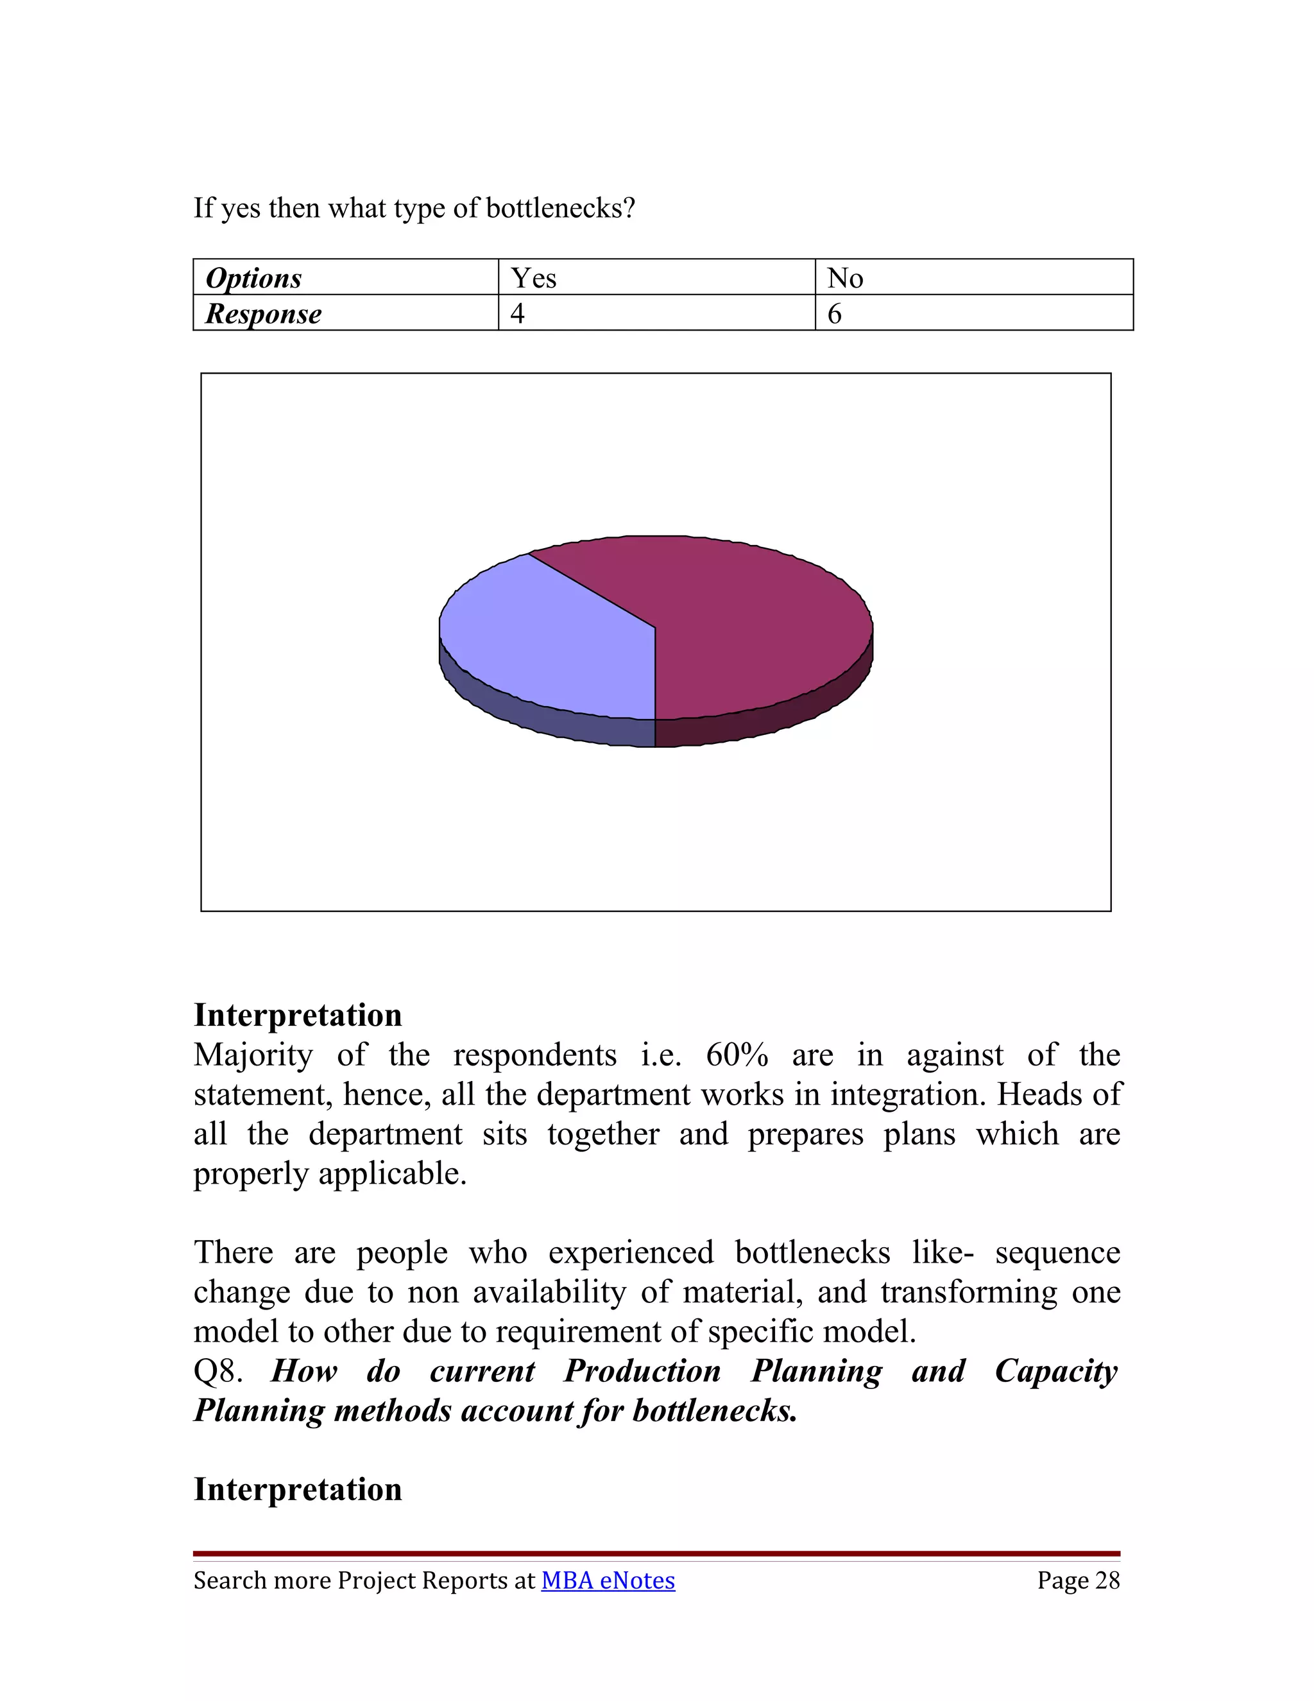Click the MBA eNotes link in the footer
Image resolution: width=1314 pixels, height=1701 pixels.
tap(608, 1580)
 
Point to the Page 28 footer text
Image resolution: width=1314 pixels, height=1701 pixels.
tap(1078, 1580)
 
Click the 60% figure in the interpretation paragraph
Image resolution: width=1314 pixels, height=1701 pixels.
tap(737, 1055)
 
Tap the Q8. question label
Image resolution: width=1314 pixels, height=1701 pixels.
tap(218, 1371)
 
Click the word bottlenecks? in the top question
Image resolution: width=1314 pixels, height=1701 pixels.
tap(561, 208)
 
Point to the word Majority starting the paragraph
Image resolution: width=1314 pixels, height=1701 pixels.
tap(253, 1055)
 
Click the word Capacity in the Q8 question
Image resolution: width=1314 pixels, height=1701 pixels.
tap(1055, 1372)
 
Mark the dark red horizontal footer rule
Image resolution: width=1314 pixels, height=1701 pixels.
tap(656, 1554)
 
